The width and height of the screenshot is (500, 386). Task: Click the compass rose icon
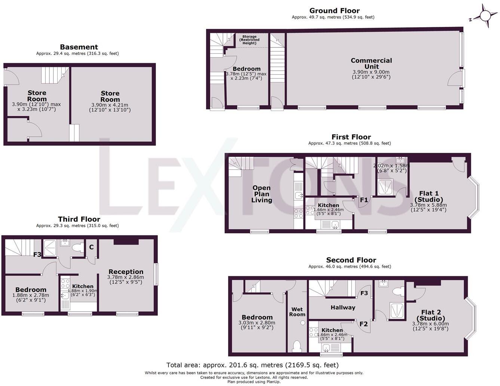(x=485, y=16)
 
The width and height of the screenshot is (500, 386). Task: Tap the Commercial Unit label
(x=371, y=64)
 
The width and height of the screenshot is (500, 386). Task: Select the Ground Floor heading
(x=334, y=10)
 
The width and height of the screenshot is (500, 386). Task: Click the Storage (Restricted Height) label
(x=249, y=40)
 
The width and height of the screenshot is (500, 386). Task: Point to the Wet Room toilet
(x=297, y=346)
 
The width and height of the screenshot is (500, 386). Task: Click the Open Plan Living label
(x=261, y=194)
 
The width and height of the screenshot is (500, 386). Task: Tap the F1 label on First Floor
(x=364, y=200)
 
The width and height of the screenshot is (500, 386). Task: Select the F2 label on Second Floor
(x=364, y=324)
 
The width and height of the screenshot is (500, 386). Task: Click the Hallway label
(x=343, y=308)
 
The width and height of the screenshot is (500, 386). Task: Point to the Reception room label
(x=126, y=272)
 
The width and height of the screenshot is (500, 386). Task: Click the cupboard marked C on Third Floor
(x=91, y=247)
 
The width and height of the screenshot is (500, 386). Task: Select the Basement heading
(x=79, y=47)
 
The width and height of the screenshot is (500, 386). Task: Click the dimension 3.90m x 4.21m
(x=110, y=108)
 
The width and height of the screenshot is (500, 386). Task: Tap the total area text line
(x=252, y=365)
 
